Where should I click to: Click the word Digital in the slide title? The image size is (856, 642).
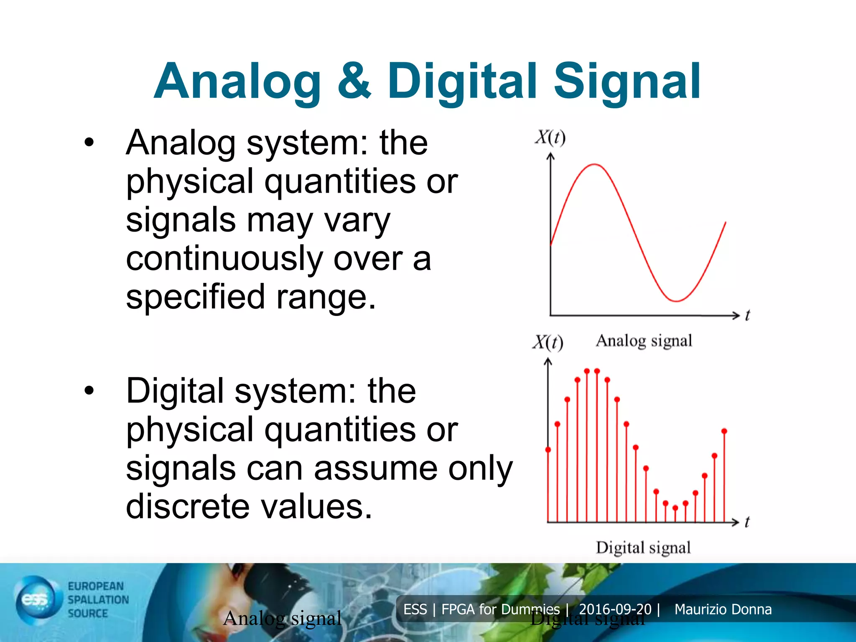pos(462,82)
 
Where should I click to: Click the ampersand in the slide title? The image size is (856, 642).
pos(354,82)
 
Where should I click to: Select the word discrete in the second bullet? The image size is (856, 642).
pos(188,507)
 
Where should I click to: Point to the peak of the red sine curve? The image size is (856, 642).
pos(594,165)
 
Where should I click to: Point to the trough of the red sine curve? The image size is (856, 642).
pos(676,301)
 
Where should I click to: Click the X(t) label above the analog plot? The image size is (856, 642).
pos(550,137)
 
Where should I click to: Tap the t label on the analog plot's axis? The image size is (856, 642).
pos(747,315)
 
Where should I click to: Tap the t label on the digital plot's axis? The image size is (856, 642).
pos(747,522)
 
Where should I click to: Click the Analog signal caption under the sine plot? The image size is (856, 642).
pos(644,341)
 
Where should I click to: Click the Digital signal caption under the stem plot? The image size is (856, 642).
pos(643,548)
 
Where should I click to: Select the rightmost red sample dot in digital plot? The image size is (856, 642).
pos(724,431)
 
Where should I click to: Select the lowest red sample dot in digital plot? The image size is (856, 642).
pos(675,508)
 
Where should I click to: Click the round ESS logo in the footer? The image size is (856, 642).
pos(36,600)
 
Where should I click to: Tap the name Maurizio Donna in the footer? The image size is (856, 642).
pos(723,609)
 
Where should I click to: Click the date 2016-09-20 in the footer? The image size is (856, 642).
pos(615,609)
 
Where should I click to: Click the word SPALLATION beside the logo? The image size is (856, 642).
pos(98,600)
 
